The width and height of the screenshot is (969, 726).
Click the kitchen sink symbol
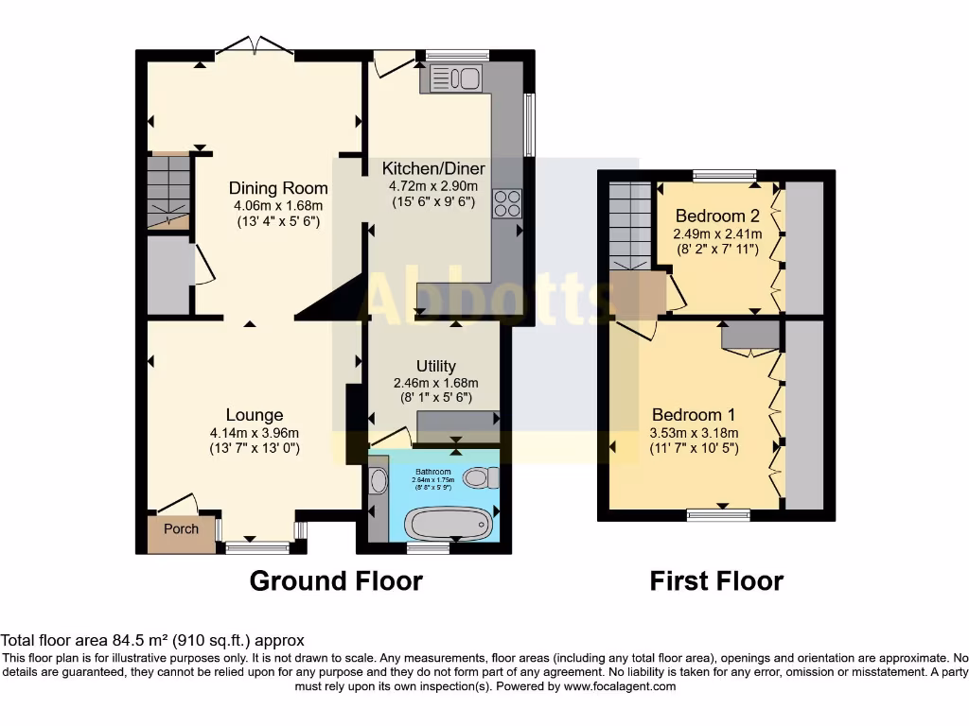pos(456,78)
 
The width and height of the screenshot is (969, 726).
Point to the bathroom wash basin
pos(379,481)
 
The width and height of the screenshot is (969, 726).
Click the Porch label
pos(182,528)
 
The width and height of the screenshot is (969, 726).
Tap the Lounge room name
pos(254,414)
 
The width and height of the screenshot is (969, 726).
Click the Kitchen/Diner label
pos(433,168)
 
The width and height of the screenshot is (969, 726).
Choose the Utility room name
pos(435,366)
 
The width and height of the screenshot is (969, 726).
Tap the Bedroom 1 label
pos(694,414)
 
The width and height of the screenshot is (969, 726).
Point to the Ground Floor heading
pos(336,579)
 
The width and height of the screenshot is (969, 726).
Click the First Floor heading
pos(716,580)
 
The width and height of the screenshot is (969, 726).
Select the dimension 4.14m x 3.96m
pos(254,433)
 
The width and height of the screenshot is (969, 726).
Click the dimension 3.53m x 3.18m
pos(694,433)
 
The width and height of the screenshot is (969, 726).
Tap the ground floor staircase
pos(169,192)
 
